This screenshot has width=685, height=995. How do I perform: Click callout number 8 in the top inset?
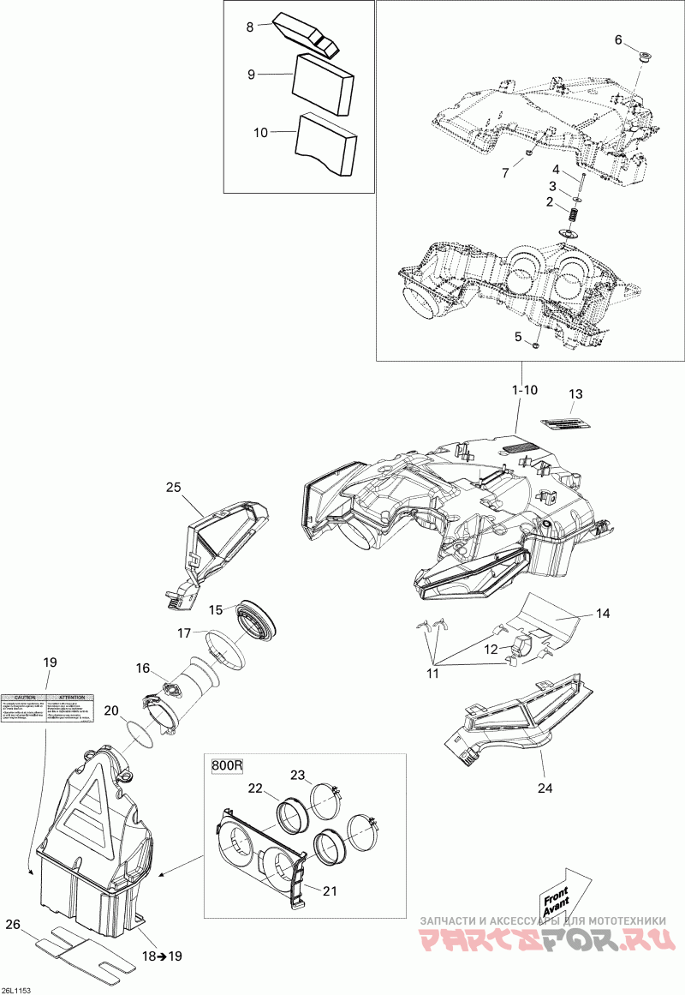tap(250, 27)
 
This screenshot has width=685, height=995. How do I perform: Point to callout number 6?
tap(618, 40)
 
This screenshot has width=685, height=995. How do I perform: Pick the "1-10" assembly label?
tap(524, 390)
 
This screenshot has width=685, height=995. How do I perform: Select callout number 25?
tap(174, 488)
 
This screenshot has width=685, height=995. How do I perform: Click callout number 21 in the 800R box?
tap(329, 890)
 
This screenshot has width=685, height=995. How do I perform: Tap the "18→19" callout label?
tap(164, 956)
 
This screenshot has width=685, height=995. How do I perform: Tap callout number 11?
tap(433, 673)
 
